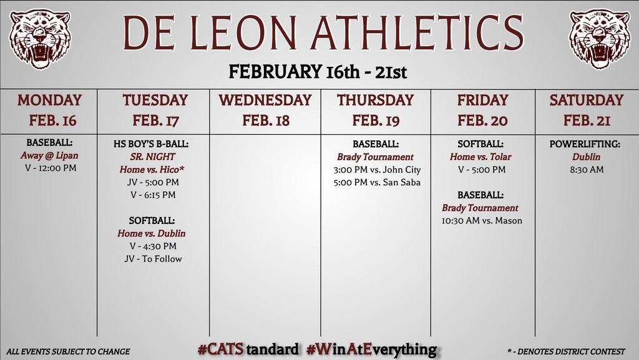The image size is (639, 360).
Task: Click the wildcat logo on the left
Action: tap(40, 38)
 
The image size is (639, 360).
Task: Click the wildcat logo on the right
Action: tap(599, 38)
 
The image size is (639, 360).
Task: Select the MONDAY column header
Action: tap(49, 100)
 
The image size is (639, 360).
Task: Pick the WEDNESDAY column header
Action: tap(265, 100)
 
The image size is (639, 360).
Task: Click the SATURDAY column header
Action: tap(586, 100)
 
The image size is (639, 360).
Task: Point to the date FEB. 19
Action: tap(376, 120)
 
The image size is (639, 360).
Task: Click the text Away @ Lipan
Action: tap(49, 156)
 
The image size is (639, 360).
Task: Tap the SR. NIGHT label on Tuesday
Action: tap(152, 157)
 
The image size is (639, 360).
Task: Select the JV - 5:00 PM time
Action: tap(152, 182)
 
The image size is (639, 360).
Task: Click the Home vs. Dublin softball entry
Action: tap(152, 233)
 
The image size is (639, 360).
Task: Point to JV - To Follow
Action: tap(153, 259)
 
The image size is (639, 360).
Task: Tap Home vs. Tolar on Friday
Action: tap(480, 157)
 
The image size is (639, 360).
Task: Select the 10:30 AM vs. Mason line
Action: tap(480, 221)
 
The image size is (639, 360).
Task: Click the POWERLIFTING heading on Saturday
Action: tap(585, 144)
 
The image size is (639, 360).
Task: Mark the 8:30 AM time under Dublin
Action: tap(587, 169)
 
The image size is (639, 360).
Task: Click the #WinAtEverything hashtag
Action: tap(372, 349)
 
